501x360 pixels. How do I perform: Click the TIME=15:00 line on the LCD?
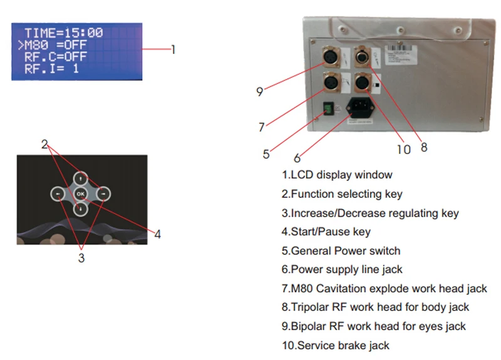[63, 33]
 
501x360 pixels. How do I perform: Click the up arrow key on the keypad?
[80, 178]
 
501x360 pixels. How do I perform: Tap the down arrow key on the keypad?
[80, 209]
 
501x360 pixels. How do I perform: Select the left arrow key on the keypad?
[58, 194]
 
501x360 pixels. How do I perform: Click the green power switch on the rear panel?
[326, 108]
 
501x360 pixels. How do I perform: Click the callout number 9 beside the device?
[259, 91]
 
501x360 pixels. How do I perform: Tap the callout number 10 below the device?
[403, 149]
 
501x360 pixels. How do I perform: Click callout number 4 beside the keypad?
[158, 234]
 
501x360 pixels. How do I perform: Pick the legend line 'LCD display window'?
[337, 175]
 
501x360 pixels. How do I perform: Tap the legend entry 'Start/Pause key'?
[326, 232]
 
